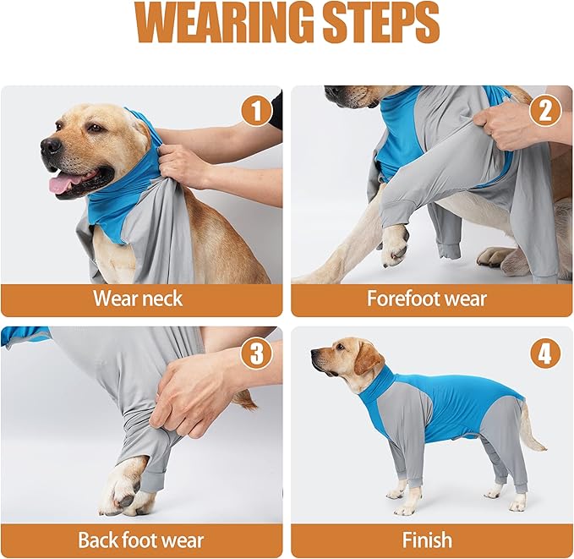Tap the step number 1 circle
point(256,111)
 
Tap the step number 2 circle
point(545,111)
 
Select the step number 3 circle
point(256,353)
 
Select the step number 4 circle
point(545,353)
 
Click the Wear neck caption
point(138,299)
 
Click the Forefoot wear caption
point(427,299)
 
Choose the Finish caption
point(427,540)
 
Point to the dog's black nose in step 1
point(51,145)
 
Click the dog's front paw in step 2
point(393,250)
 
